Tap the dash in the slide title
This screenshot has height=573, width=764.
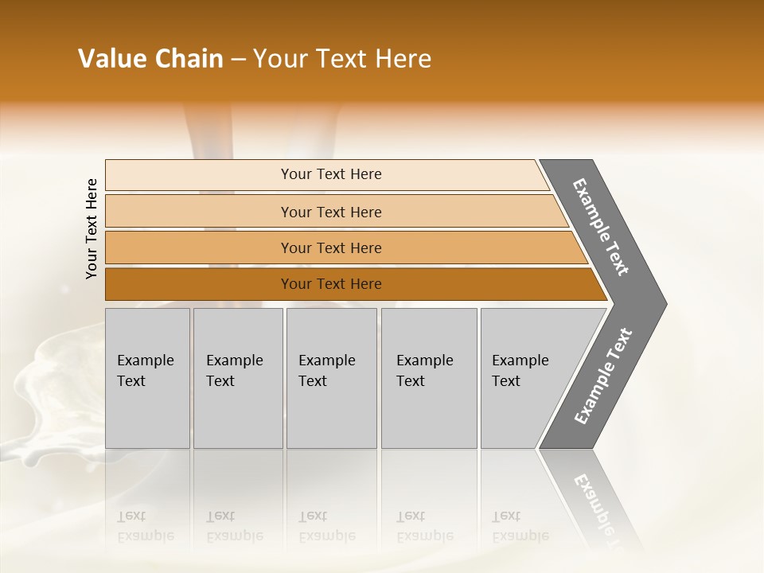[238, 60]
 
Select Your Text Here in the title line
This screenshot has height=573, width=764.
[342, 59]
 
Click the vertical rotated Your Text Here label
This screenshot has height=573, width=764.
[92, 229]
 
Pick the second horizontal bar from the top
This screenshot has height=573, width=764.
[330, 212]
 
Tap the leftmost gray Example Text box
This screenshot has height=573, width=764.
[147, 378]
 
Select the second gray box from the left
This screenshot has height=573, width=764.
[238, 378]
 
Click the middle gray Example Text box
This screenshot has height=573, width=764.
[331, 378]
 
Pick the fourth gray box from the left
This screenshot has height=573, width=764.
[429, 378]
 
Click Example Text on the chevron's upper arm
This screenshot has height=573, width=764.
[602, 228]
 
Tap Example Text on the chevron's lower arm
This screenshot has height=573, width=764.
[603, 376]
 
